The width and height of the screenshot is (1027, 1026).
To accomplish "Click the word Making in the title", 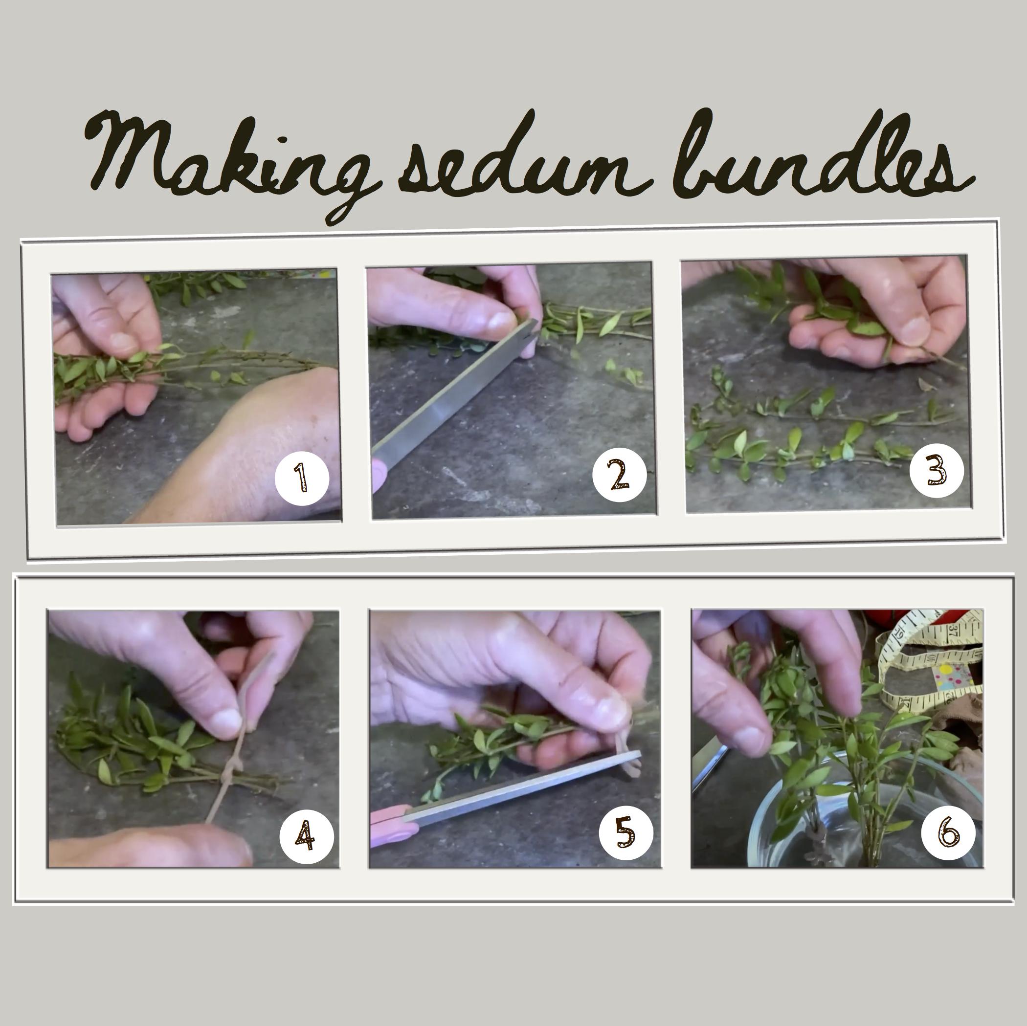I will pyautogui.click(x=228, y=159).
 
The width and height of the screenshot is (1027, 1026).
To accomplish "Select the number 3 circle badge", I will pyautogui.click(x=937, y=470).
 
